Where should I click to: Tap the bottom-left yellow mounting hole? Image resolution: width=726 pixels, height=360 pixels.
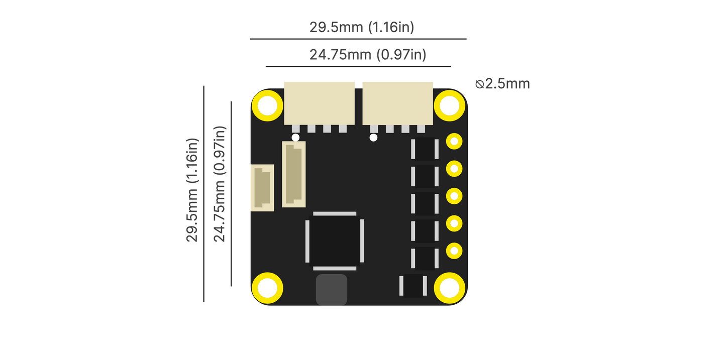(x=267, y=288)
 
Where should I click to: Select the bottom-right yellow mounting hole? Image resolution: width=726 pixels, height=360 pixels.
(x=449, y=288)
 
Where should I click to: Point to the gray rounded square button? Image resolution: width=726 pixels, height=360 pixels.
(x=331, y=289)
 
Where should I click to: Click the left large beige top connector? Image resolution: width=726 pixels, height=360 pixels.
(x=320, y=103)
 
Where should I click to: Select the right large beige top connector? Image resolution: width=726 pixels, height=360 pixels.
(x=397, y=103)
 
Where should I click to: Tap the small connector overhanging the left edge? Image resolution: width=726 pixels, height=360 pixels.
(x=262, y=188)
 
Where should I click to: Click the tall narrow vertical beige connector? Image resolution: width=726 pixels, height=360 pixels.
(x=294, y=174)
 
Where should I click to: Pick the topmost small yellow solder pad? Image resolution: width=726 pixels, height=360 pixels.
(x=454, y=142)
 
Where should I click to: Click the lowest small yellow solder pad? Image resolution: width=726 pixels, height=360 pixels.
(x=454, y=250)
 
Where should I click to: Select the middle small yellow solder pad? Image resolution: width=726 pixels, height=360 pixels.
(x=454, y=196)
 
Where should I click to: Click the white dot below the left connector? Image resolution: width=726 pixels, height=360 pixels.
(x=295, y=138)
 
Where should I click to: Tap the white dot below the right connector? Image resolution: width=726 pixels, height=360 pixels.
(x=373, y=138)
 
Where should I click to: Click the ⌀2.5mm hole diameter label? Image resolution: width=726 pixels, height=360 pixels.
(x=503, y=84)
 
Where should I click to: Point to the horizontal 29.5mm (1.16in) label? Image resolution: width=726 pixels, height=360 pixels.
(x=361, y=27)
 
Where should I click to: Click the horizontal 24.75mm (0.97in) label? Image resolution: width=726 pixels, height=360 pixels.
(x=367, y=54)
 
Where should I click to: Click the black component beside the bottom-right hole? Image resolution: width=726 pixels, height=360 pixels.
(x=412, y=286)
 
